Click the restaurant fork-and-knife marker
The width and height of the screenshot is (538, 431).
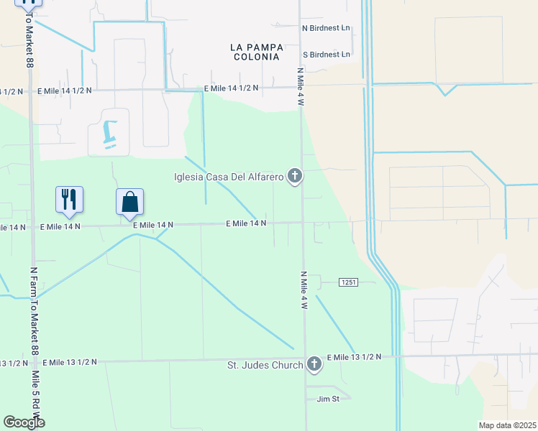tap(69, 199)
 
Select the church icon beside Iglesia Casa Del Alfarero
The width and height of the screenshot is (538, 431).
tap(293, 176)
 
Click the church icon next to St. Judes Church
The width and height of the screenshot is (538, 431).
tap(314, 364)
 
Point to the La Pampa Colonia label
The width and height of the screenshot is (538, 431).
tap(256, 52)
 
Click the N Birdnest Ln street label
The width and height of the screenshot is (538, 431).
tap(326, 29)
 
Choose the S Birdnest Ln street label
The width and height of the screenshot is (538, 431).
tap(326, 55)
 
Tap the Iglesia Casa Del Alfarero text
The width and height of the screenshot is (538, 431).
tap(229, 177)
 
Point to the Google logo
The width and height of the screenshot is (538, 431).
tap(24, 422)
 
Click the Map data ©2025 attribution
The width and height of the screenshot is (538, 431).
tap(507, 425)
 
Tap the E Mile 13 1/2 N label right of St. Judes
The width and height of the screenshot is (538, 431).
tap(354, 357)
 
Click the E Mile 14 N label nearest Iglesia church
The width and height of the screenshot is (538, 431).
tap(246, 223)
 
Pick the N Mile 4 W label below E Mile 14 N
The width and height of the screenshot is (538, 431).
tap(304, 290)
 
